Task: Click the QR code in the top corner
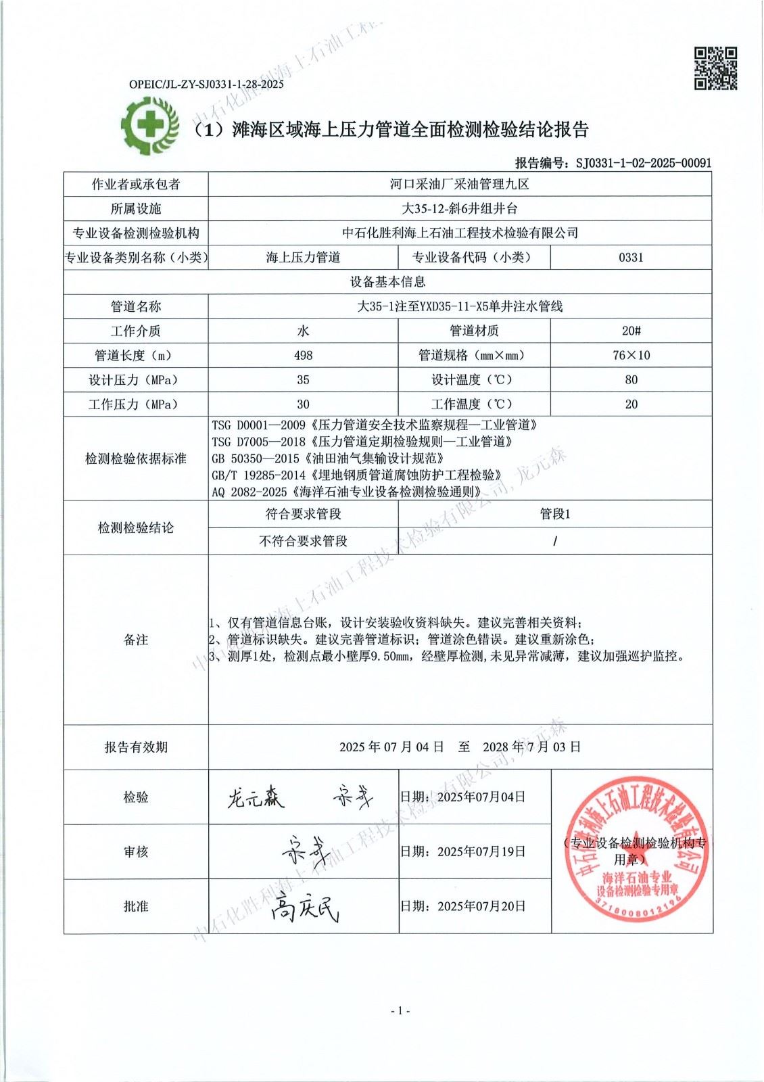(x=716, y=68)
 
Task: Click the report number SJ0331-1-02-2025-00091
(x=643, y=162)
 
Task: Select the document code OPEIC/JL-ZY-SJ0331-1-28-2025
(x=206, y=85)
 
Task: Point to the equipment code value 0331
(x=630, y=257)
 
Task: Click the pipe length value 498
(x=303, y=355)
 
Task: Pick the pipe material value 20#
(x=630, y=331)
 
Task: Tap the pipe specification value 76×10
(x=630, y=355)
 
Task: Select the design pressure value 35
(x=303, y=379)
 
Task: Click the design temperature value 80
(x=630, y=379)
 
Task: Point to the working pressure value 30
(x=303, y=404)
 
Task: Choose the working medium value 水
(x=303, y=331)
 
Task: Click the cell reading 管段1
(x=554, y=514)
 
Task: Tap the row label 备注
(x=136, y=640)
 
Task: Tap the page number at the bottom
(x=400, y=1010)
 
